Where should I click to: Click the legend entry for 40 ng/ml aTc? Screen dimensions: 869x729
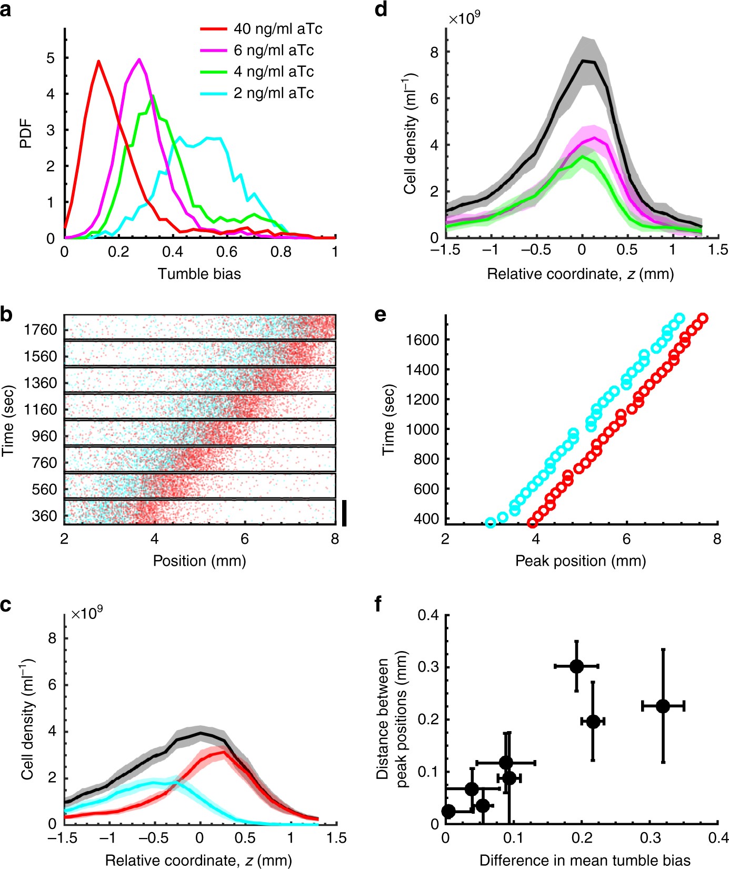coord(277,29)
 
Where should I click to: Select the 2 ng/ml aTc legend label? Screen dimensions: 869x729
coord(273,93)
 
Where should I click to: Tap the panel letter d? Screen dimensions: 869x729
coord(381,9)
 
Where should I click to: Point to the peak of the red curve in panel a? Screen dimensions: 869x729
coord(98,61)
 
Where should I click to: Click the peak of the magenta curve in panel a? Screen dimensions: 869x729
coord(139,59)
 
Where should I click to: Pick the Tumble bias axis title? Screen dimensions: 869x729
coord(199,274)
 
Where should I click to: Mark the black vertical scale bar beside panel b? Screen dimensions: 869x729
coord(344,513)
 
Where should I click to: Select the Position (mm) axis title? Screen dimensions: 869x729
coord(199,561)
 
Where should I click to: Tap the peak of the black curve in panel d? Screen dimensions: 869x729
coord(583,61)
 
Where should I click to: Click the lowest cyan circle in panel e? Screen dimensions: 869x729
coord(491,523)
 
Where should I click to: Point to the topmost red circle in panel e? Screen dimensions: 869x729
coord(702,318)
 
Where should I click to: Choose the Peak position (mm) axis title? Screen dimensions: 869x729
coord(581,561)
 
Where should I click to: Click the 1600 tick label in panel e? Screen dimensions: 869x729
coord(422,340)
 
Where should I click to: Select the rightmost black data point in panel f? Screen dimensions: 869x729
coord(663,706)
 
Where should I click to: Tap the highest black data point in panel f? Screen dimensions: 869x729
coord(576,666)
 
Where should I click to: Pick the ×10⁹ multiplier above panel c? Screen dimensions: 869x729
coord(87,614)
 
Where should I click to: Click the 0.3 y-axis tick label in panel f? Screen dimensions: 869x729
coord(428,667)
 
